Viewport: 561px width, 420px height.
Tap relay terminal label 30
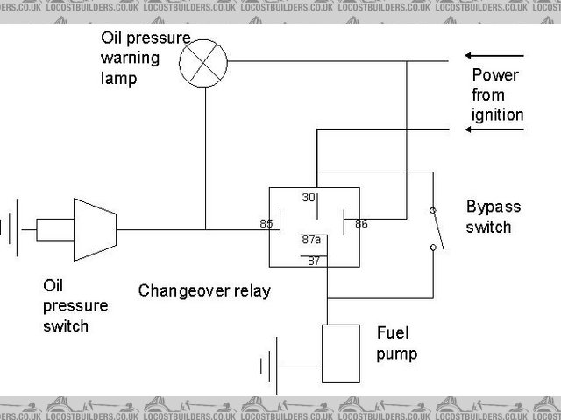[309, 198]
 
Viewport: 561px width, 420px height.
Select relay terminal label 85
[266, 224]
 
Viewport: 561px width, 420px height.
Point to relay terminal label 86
[361, 224]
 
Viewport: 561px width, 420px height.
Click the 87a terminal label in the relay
[311, 239]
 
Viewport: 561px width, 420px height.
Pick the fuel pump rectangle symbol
[341, 353]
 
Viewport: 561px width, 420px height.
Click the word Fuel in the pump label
[391, 333]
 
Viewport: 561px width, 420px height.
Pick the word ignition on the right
[497, 115]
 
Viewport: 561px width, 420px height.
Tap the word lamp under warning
[118, 79]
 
